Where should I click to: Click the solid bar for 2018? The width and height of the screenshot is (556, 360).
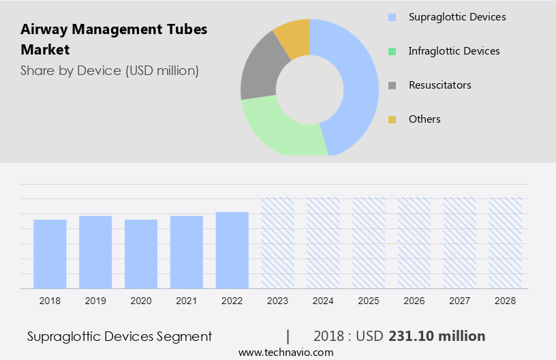50,254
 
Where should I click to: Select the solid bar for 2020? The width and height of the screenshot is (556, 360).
141,254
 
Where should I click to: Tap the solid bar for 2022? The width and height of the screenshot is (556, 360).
232,250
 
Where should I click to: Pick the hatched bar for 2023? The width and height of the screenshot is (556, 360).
278,243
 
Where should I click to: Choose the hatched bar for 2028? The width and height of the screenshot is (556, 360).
506,243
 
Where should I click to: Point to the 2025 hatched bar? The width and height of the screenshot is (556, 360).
369,243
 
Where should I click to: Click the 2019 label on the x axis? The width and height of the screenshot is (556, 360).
95,301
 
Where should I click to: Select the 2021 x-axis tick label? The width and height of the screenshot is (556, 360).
187,301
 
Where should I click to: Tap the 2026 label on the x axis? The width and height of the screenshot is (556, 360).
414,301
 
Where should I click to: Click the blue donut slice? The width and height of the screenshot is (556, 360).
358,82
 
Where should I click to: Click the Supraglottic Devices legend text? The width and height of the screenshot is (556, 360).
457,16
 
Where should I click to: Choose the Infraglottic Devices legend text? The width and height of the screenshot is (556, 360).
454,51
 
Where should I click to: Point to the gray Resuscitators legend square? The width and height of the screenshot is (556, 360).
392,86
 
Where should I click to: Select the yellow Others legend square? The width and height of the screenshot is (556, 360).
392,120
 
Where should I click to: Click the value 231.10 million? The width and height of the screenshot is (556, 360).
437,336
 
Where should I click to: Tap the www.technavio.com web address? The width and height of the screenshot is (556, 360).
285,352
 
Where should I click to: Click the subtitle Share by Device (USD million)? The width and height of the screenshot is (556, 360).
110,70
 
